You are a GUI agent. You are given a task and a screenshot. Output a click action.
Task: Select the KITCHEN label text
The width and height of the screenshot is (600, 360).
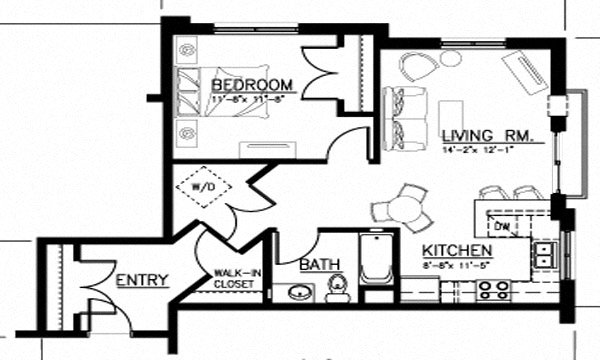tap(455, 250)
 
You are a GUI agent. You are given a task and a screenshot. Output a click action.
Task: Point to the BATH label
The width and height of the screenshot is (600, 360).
tap(319, 265)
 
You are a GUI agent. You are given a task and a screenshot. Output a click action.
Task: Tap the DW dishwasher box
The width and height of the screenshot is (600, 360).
tap(504, 228)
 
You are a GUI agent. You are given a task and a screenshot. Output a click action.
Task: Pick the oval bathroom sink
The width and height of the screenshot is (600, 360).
tap(298, 292)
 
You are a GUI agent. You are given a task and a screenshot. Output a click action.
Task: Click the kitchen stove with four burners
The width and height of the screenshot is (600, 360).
tap(493, 290)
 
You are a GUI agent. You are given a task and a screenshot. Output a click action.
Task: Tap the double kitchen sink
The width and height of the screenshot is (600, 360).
tap(546, 254)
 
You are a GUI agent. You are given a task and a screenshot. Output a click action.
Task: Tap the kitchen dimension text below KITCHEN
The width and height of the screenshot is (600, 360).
tap(456, 266)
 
